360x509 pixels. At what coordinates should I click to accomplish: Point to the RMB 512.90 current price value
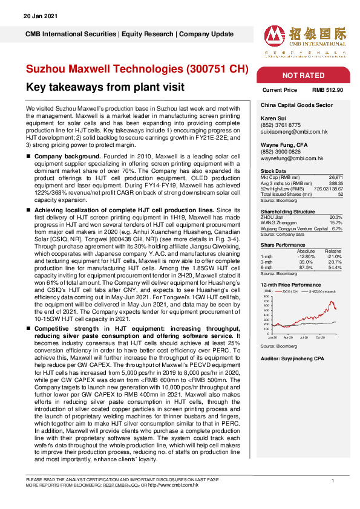327,89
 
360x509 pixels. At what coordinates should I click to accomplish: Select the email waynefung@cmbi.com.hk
291,158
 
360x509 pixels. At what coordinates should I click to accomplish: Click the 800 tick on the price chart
267,296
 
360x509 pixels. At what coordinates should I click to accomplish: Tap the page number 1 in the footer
333,480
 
